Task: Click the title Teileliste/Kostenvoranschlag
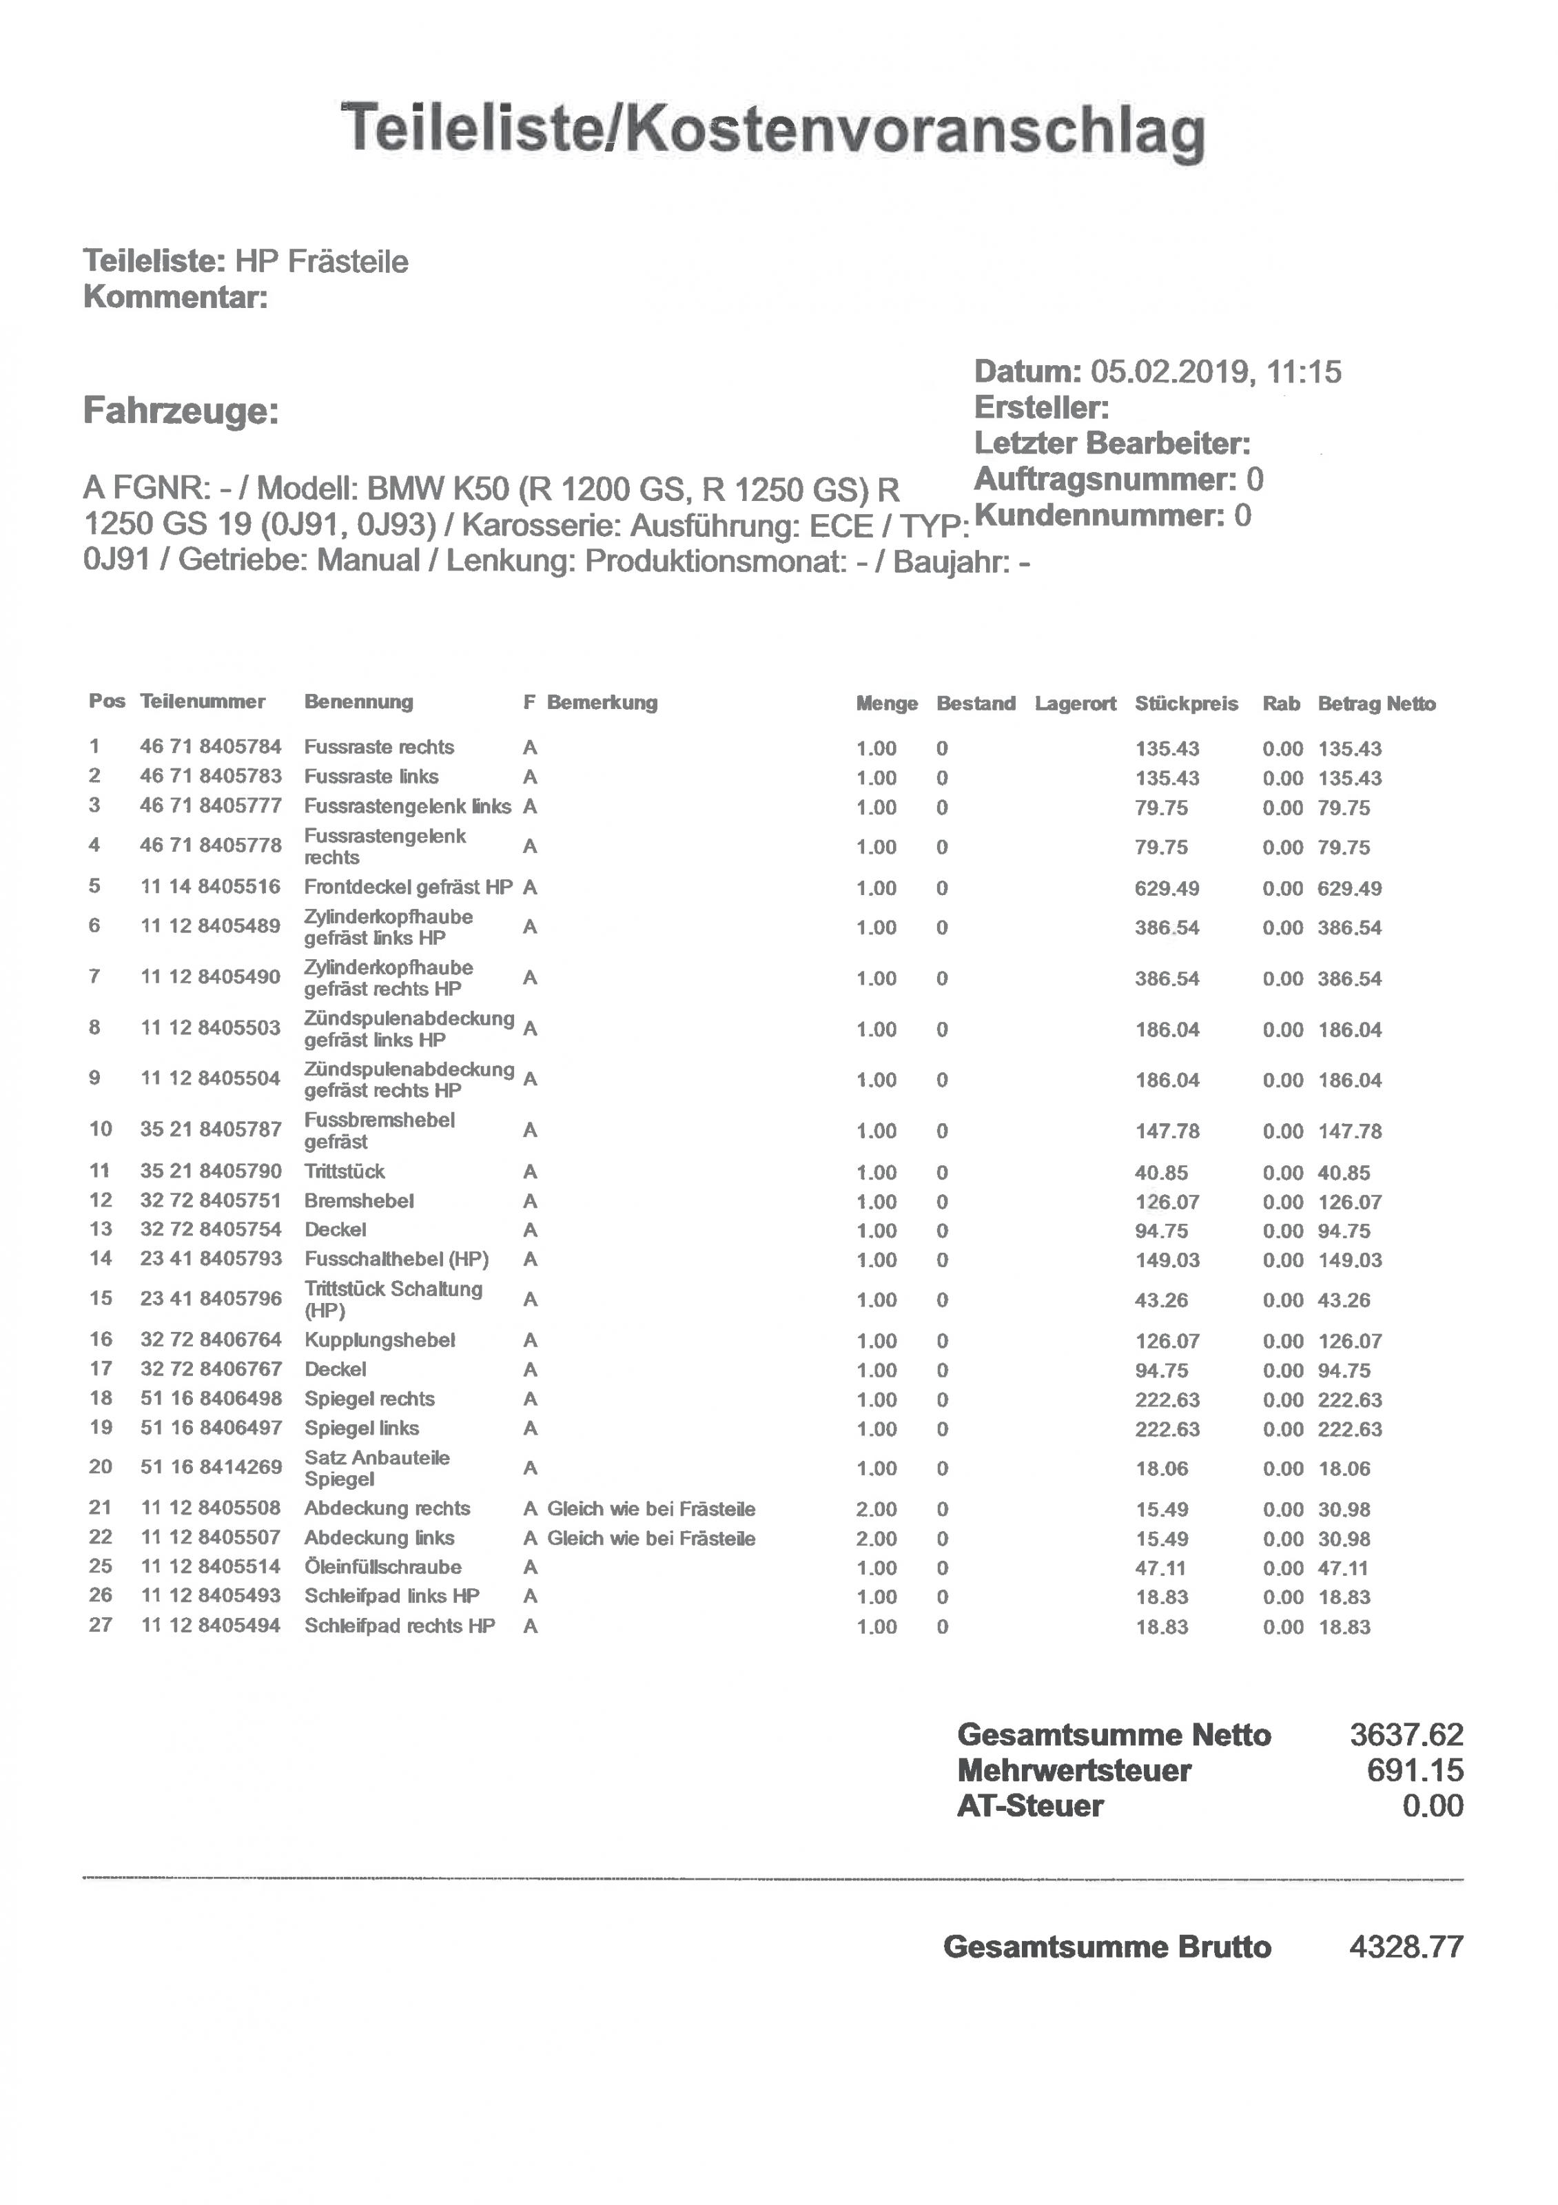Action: [x=773, y=130]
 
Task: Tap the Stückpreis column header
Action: [x=1187, y=703]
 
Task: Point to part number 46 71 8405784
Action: [x=210, y=746]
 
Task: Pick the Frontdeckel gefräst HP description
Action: [x=408, y=886]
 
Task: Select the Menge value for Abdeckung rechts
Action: [x=876, y=1509]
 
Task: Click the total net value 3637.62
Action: [x=1406, y=1734]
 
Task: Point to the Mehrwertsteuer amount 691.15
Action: [x=1415, y=1770]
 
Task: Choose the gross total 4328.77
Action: [x=1406, y=1947]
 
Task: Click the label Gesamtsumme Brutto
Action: [x=1107, y=1947]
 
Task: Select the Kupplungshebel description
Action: [x=380, y=1340]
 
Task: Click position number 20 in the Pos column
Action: [x=100, y=1466]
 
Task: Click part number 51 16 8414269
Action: [x=210, y=1466]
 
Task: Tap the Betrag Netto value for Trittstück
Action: [x=1344, y=1173]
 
